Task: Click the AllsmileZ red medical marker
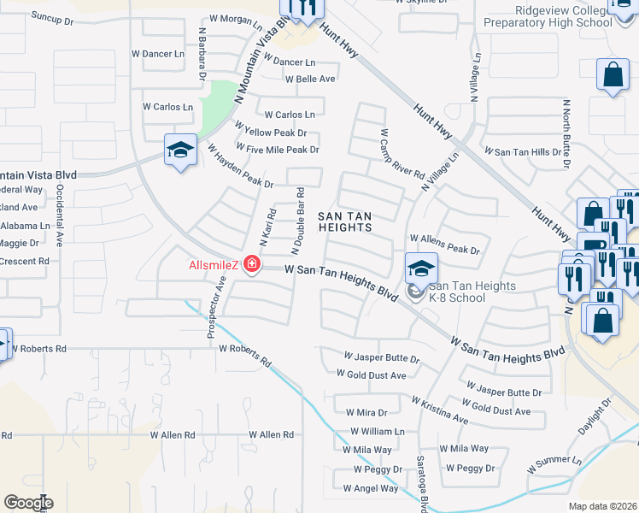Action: pyautogui.click(x=252, y=264)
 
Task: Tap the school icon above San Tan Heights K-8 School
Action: pyautogui.click(x=421, y=268)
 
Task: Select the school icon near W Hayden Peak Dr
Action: pyautogui.click(x=181, y=151)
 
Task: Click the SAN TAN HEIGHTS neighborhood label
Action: pyautogui.click(x=345, y=221)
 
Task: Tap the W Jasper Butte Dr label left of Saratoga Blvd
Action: pyautogui.click(x=382, y=356)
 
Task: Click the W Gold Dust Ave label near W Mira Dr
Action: pyautogui.click(x=371, y=374)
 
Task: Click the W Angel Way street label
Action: pyautogui.click(x=371, y=488)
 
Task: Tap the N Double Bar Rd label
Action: pyautogui.click(x=298, y=220)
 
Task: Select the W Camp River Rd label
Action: pyautogui.click(x=402, y=154)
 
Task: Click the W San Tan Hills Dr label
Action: pyautogui.click(x=524, y=151)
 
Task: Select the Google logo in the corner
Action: pyautogui.click(x=28, y=502)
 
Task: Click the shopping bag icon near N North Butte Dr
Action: pyautogui.click(x=613, y=75)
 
